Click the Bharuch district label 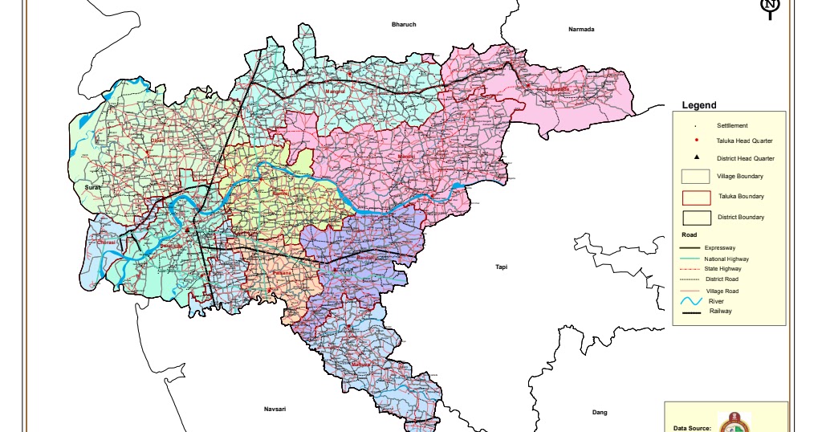(404, 25)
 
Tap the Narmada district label (581, 30)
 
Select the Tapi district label (502, 267)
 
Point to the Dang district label (599, 412)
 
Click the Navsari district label (275, 410)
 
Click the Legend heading (698, 105)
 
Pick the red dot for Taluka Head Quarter (697, 141)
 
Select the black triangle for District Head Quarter (697, 157)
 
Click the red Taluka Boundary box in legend (697, 198)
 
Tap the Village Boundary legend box (697, 177)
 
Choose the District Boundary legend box (697, 218)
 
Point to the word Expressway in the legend (720, 249)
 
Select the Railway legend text (720, 311)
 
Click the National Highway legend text (726, 259)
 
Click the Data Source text (692, 428)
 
